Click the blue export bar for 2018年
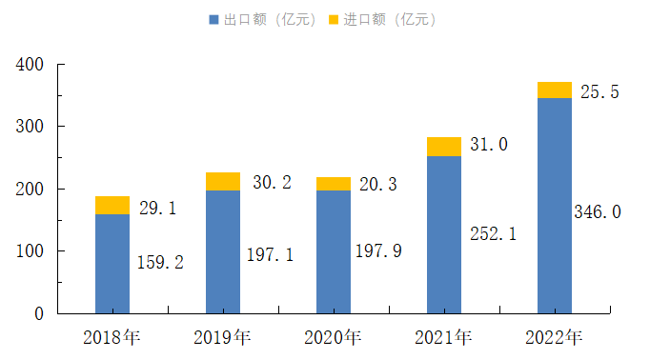click(x=112, y=264)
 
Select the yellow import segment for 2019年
click(x=223, y=182)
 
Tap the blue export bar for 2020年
click(x=334, y=251)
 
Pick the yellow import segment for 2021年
click(x=444, y=147)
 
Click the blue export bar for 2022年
click(x=555, y=206)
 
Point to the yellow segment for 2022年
click(x=555, y=90)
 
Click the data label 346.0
click(x=598, y=211)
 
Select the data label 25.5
click(x=599, y=92)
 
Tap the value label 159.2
click(x=160, y=262)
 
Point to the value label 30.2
click(x=272, y=182)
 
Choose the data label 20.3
click(x=378, y=185)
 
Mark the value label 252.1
click(x=494, y=234)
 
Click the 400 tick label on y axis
click(x=30, y=65)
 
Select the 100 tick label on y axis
click(x=30, y=251)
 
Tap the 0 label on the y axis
click(x=39, y=313)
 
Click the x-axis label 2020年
click(x=333, y=337)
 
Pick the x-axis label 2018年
click(x=112, y=337)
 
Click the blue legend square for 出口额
click(x=213, y=20)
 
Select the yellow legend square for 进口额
click(x=334, y=20)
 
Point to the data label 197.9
click(x=378, y=251)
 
